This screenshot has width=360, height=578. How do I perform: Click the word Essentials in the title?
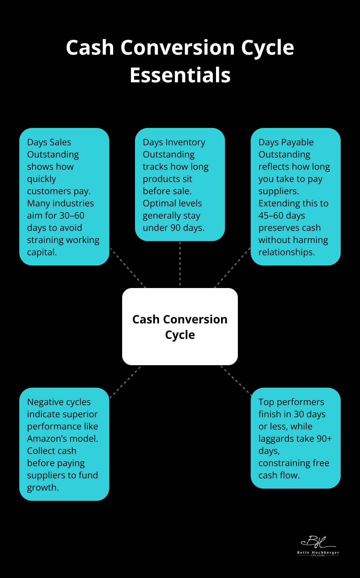tap(180, 75)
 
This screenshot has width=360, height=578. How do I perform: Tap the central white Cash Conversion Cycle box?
tap(180, 327)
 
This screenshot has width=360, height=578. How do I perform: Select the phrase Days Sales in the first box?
tap(49, 142)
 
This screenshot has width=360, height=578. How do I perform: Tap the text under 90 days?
tap(174, 228)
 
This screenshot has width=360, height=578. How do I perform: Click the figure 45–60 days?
tap(282, 215)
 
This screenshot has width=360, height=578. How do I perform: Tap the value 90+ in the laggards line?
tap(324, 438)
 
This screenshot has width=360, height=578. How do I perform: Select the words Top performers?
tap(291, 402)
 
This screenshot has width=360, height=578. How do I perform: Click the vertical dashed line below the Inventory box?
tap(180, 264)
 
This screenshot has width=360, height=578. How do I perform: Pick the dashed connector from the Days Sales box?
tap(128, 267)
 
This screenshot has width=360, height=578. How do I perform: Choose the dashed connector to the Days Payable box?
tap(232, 267)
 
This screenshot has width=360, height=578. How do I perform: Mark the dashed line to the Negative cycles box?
tap(125, 382)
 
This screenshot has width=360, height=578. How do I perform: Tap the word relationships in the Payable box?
tap(286, 252)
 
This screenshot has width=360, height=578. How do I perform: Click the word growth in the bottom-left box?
tap(42, 487)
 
